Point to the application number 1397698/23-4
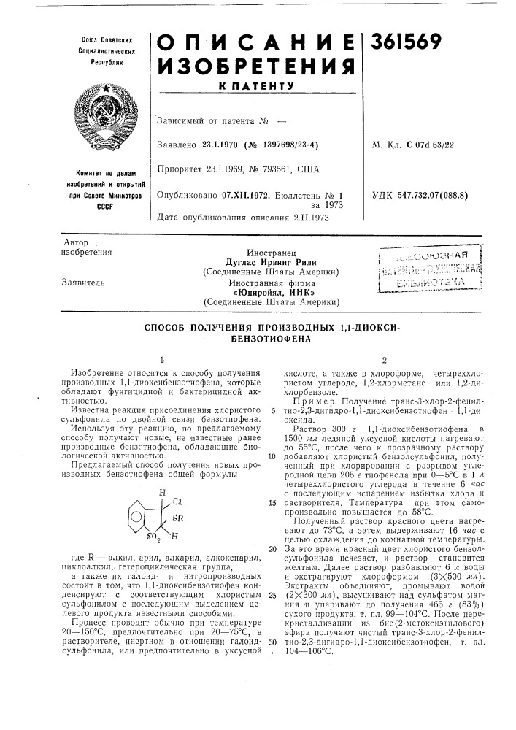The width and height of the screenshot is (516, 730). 282,145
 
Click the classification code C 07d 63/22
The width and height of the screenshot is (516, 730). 431,145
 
